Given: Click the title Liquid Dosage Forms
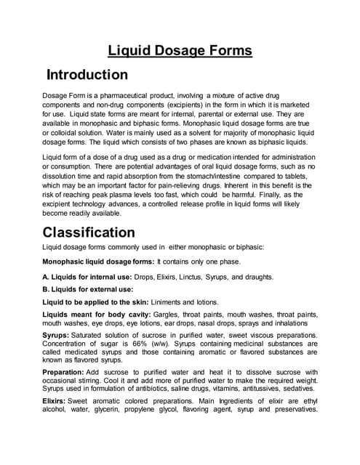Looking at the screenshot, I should [180, 50].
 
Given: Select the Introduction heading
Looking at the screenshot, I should [87, 75].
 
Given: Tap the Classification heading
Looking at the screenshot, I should [89, 232].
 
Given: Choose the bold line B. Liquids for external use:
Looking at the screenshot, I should [88, 288].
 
